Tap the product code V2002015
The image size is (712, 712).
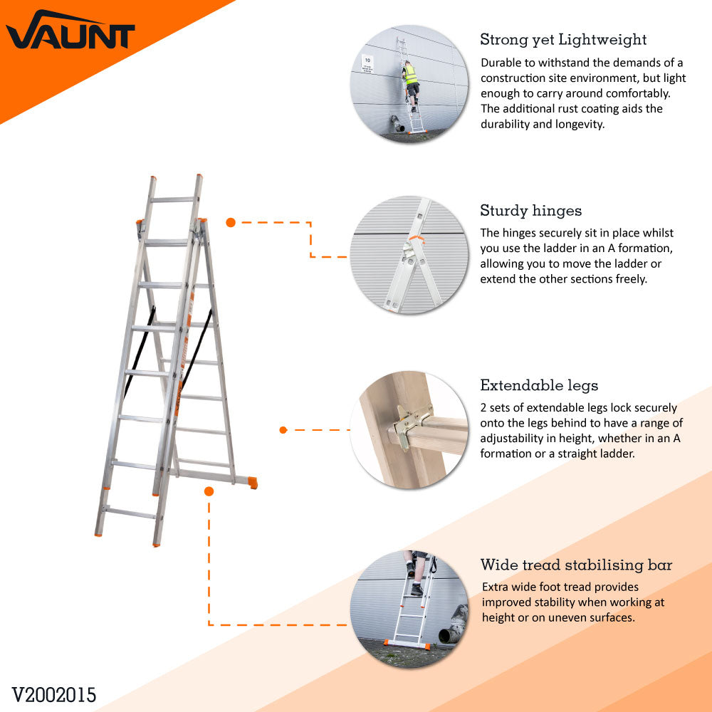pyautogui.click(x=54, y=695)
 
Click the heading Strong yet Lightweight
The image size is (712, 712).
pyautogui.click(x=563, y=39)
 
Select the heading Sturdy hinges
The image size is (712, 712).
pyautogui.click(x=530, y=211)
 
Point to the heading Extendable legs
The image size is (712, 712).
pyautogui.click(x=539, y=386)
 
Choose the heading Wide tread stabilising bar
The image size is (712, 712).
pyautogui.click(x=576, y=565)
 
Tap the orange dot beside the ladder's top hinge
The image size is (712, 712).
pyautogui.click(x=231, y=222)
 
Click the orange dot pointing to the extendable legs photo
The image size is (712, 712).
pyautogui.click(x=283, y=429)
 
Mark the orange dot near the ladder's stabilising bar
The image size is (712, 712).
pyautogui.click(x=209, y=491)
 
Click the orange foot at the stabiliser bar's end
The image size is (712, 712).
pyautogui.click(x=253, y=483)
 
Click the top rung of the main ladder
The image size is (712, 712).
pyautogui.click(x=172, y=200)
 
